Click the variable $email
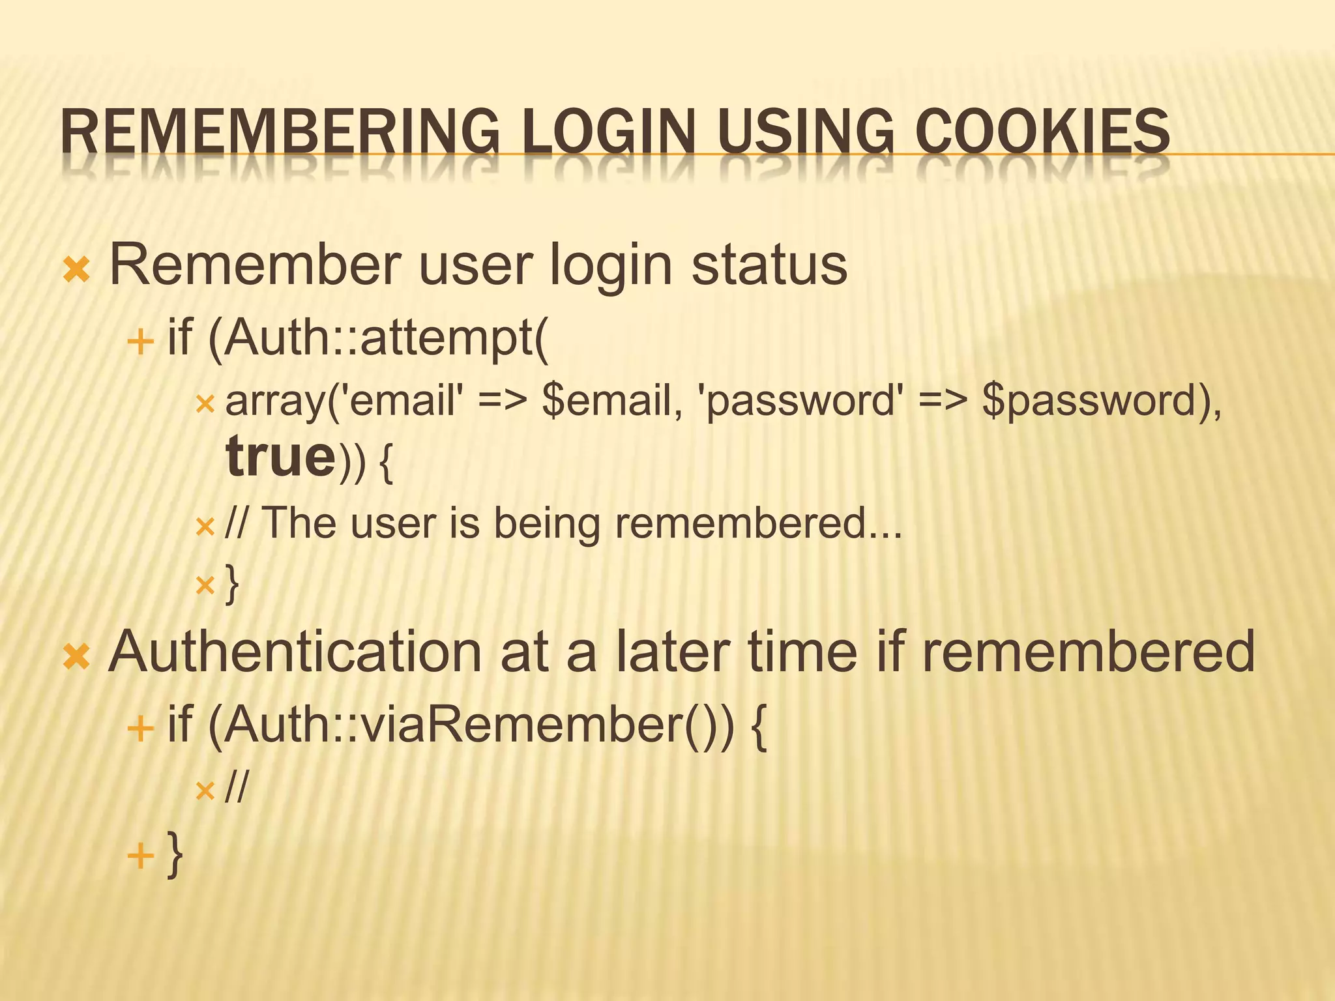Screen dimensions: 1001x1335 (x=612, y=399)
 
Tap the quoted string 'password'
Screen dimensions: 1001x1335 (x=801, y=399)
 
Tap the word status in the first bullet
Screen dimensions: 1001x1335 (x=769, y=265)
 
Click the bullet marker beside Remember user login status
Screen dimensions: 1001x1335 (x=76, y=269)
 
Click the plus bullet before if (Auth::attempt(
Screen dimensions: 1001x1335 (x=140, y=341)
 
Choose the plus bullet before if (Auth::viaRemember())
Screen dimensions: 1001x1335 (x=140, y=728)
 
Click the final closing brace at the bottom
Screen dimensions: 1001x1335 (x=175, y=854)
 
